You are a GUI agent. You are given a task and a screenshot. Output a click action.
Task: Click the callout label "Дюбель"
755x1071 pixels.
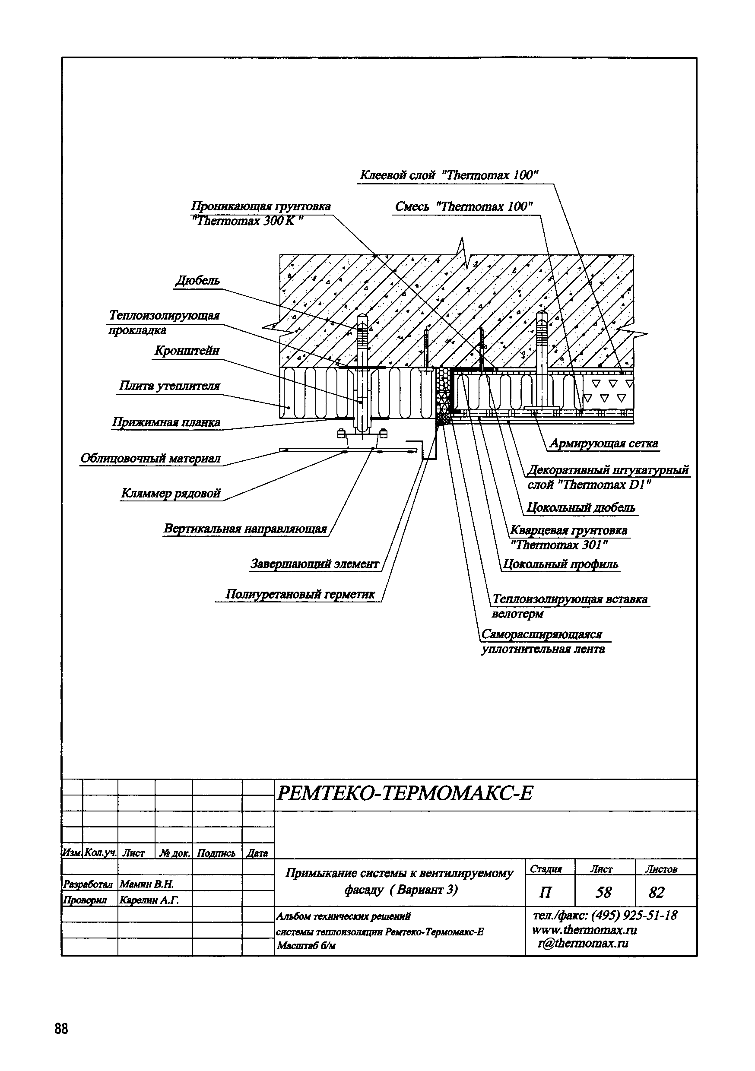coord(197,281)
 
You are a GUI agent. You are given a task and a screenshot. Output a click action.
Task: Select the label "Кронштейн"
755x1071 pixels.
coord(187,351)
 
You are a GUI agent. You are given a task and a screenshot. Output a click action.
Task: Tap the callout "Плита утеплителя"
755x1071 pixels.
coord(169,386)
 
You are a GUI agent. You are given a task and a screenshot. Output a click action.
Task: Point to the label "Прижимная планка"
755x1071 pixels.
coord(166,423)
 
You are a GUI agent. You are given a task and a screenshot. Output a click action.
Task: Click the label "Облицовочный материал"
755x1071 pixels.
coord(150,459)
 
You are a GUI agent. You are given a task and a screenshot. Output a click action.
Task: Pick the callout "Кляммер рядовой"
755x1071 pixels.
coord(171,494)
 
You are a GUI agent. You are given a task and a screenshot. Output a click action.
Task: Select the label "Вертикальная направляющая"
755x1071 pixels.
coord(245,529)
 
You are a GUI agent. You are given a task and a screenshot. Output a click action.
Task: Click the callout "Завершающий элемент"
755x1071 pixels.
coord(315,564)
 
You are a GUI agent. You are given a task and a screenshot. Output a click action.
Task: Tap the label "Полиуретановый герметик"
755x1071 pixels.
coord(300,594)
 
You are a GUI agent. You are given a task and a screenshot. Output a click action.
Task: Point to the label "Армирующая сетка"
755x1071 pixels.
coord(603,444)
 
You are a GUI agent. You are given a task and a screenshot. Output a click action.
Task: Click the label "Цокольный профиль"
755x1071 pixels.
coord(560,565)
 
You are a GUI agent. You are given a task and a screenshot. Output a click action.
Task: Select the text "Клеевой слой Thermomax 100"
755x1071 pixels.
coord(448,176)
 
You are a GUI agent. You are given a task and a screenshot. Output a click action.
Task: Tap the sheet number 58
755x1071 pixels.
coord(603,892)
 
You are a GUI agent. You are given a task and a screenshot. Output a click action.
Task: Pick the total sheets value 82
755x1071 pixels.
coord(656,892)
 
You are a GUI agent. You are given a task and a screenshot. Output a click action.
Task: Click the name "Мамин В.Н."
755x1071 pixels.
coord(146,884)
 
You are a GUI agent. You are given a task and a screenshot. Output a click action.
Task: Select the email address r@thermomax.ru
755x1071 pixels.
coord(583,944)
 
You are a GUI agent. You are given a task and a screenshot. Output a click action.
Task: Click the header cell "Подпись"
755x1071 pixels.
coord(216,854)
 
